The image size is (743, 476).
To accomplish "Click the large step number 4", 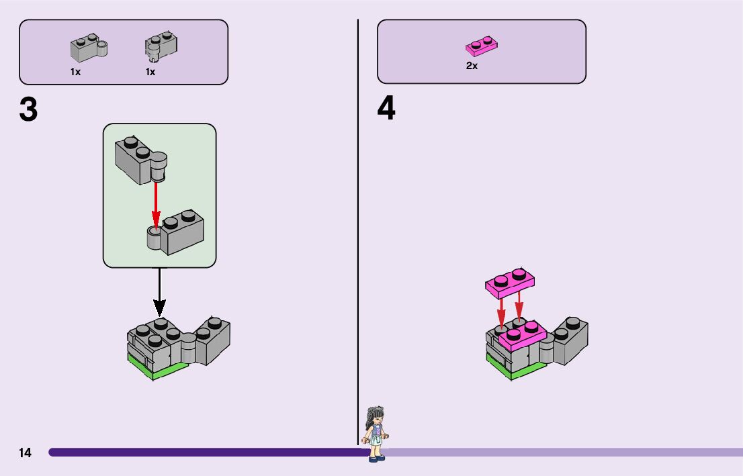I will pyautogui.click(x=386, y=109).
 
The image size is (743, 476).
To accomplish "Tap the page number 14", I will pyautogui.click(x=25, y=453).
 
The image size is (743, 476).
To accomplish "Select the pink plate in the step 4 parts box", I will pyautogui.click(x=481, y=46).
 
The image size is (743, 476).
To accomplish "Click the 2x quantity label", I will pyautogui.click(x=472, y=66).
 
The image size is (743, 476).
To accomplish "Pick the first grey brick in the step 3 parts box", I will pyautogui.click(x=89, y=48).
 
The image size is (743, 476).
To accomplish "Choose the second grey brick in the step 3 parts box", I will pyautogui.click(x=161, y=46).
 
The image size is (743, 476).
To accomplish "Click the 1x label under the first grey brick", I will pyautogui.click(x=75, y=72).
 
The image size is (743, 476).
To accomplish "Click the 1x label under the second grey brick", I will pyautogui.click(x=150, y=72).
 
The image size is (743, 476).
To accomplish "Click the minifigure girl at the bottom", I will pyautogui.click(x=375, y=433).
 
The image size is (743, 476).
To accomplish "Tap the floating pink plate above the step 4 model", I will pyautogui.click(x=510, y=283).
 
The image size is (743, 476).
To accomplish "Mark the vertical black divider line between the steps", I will pyautogui.click(x=358, y=201).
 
